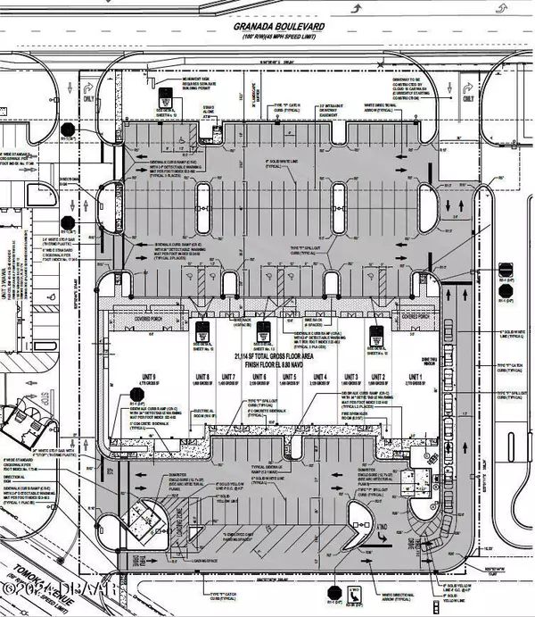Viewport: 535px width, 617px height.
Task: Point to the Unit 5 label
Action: tap(289, 378)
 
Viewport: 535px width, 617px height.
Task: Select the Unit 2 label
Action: tap(377, 378)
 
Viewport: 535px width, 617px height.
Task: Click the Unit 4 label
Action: tap(320, 378)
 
